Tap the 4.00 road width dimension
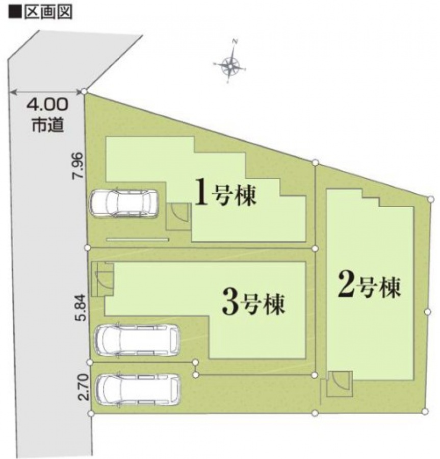click(x=47, y=105)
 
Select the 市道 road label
click(x=48, y=125)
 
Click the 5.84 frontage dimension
click(x=83, y=308)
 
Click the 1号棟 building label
click(x=225, y=195)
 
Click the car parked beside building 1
click(x=124, y=203)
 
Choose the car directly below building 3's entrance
click(x=137, y=340)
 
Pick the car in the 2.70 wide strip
click(x=138, y=390)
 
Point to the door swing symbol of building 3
click(x=102, y=279)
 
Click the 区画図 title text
click(x=48, y=12)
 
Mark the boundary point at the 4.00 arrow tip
click(x=84, y=92)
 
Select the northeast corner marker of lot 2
click(x=430, y=199)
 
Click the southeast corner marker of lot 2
click(x=425, y=411)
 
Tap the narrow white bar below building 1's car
click(x=138, y=240)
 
